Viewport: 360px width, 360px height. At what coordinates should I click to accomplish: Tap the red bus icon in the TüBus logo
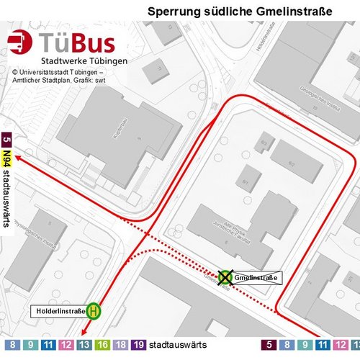(x=22, y=43)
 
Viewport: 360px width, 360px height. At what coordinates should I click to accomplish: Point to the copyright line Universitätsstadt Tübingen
(x=63, y=72)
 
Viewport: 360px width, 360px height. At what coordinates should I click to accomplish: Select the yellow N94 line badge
(x=6, y=156)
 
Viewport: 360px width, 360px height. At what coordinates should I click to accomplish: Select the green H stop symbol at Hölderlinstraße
(x=94, y=311)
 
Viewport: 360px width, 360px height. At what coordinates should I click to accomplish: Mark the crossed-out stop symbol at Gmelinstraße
(x=225, y=276)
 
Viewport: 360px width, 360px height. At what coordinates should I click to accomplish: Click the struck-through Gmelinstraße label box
(x=256, y=277)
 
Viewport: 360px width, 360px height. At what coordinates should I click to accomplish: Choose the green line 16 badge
(x=103, y=346)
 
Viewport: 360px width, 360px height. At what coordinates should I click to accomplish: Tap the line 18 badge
(x=121, y=346)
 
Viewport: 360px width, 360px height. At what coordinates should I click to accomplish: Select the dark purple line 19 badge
(x=139, y=346)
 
